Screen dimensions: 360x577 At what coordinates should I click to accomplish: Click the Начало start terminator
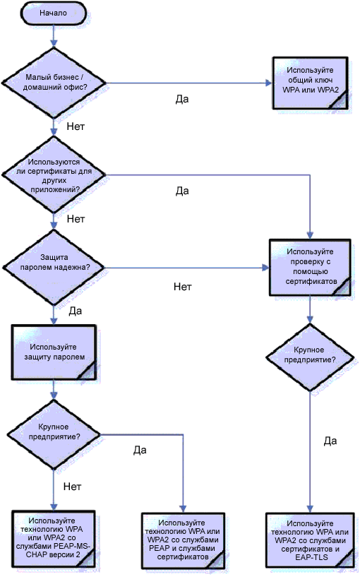[x=54, y=13]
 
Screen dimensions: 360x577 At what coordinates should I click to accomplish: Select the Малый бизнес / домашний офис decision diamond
[x=54, y=83]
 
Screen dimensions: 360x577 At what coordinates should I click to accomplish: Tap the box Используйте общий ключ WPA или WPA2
[x=311, y=83]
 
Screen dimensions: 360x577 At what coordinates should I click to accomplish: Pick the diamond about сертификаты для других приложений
[x=54, y=174]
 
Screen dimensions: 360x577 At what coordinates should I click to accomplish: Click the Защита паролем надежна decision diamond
[x=54, y=268]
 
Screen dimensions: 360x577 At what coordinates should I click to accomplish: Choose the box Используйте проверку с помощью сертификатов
[x=310, y=268]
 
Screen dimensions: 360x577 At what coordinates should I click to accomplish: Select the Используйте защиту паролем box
[x=54, y=352]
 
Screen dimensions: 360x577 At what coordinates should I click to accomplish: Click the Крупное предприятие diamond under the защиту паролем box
[x=54, y=435]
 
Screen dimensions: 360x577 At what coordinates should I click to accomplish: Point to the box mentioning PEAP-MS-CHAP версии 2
[x=54, y=540]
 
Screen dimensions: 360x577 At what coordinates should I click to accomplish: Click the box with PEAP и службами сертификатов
[x=183, y=541]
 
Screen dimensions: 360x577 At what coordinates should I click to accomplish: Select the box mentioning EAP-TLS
[x=310, y=541]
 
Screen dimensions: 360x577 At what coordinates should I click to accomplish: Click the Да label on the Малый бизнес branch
[x=182, y=99]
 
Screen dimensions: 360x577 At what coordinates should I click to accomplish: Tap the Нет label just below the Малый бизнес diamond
[x=76, y=126]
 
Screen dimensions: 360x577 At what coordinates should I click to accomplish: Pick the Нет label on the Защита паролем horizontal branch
[x=183, y=287]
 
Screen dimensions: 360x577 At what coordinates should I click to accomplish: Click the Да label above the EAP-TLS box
[x=330, y=441]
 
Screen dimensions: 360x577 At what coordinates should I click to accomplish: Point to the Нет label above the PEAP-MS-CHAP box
[x=72, y=487]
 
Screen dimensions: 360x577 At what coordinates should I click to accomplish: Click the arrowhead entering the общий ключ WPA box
[x=268, y=83]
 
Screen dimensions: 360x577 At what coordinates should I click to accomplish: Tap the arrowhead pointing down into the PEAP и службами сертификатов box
[x=183, y=509]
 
